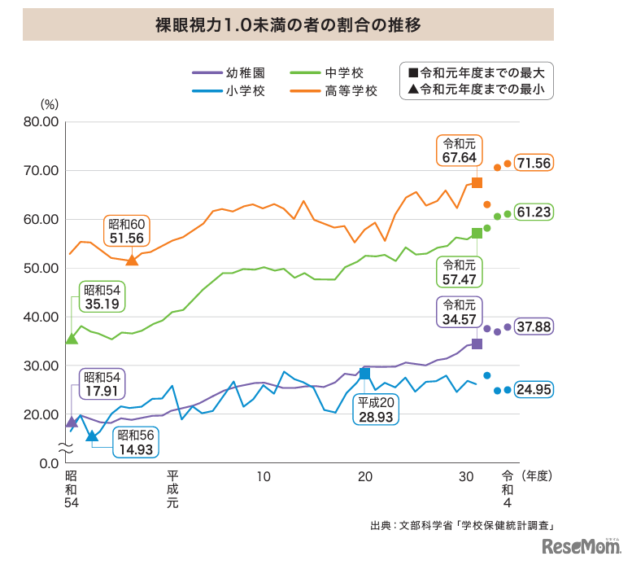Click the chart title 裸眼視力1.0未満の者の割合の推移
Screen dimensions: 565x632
pyautogui.click(x=288, y=24)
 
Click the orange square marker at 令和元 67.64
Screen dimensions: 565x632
pyautogui.click(x=477, y=182)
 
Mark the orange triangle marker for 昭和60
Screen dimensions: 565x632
pyautogui.click(x=132, y=259)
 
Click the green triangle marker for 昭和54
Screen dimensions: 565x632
pyautogui.click(x=72, y=338)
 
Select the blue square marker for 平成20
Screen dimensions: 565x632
pyautogui.click(x=364, y=373)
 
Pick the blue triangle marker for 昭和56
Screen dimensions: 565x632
pyautogui.click(x=91, y=436)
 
